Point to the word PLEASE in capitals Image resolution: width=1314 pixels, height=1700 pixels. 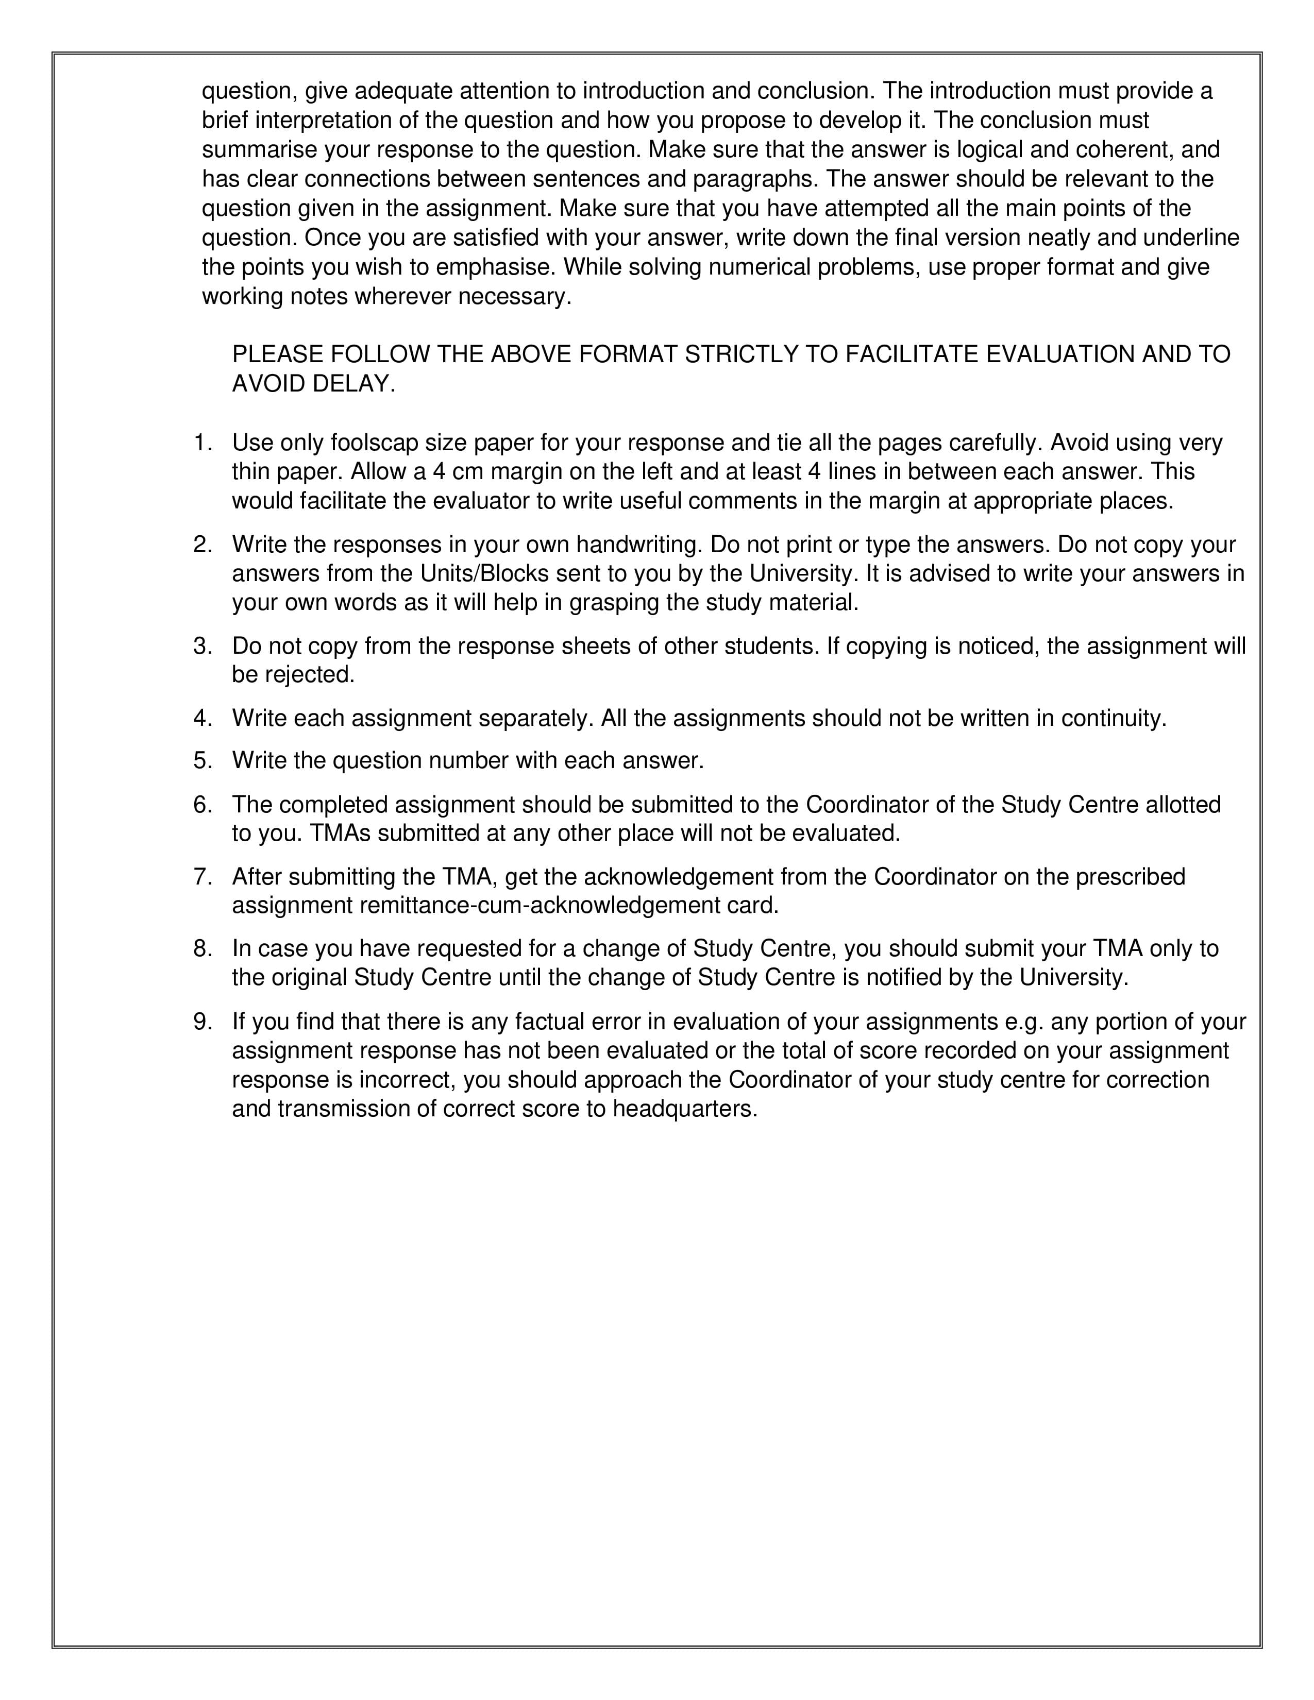278,354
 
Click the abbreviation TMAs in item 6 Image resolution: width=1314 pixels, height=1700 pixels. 340,834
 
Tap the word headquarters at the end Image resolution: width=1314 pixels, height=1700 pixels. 684,1109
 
